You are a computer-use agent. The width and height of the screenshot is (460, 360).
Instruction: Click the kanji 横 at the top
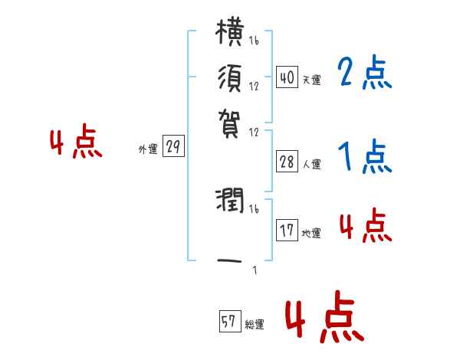tap(230, 34)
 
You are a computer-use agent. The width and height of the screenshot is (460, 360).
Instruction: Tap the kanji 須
tap(230, 78)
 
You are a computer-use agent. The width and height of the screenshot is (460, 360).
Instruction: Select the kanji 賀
tap(230, 120)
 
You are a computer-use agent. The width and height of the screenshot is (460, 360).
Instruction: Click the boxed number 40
tap(287, 77)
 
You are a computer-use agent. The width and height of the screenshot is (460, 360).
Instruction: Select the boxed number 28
tap(287, 162)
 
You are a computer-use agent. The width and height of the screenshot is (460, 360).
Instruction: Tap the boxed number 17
tap(287, 231)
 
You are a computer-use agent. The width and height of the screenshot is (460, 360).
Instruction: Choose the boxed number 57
tap(229, 322)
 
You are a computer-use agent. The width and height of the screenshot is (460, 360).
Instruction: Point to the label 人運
tap(311, 164)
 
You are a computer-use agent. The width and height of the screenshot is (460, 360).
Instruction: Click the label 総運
tap(254, 325)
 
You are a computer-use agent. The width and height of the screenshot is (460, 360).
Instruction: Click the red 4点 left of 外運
tap(76, 144)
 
